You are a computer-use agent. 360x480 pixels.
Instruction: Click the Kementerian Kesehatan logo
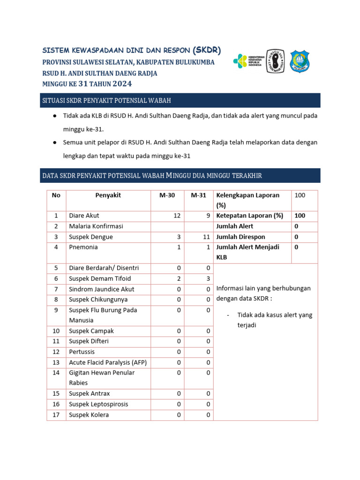(249, 60)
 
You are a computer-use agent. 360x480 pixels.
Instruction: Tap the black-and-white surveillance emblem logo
(275, 61)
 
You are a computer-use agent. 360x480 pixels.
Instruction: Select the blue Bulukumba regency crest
(300, 61)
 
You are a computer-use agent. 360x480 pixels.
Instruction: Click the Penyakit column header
(108, 195)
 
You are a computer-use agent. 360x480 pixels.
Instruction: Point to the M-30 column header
(167, 195)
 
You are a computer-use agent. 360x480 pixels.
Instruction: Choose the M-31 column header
(198, 195)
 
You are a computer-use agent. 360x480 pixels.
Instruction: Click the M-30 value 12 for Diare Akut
(177, 216)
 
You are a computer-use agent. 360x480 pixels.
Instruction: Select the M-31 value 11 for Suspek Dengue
(206, 237)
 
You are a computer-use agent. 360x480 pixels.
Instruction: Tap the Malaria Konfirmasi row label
(96, 226)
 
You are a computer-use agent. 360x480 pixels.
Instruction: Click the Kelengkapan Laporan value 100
(300, 195)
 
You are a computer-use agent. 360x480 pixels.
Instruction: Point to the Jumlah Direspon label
(240, 237)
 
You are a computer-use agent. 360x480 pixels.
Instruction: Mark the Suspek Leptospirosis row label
(98, 404)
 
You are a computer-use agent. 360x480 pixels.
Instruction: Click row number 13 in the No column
(56, 362)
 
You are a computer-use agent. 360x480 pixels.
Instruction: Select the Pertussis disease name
(82, 352)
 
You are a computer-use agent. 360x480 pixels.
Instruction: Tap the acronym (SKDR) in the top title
(207, 50)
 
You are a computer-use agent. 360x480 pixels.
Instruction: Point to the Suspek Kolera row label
(89, 415)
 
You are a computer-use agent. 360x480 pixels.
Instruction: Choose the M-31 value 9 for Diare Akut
(208, 216)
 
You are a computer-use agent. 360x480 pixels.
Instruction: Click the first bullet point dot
(55, 116)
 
